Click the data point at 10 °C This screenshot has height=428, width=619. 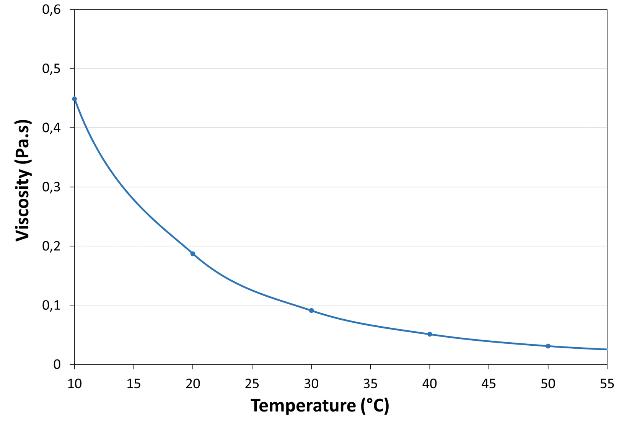75,99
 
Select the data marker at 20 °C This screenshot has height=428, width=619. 193,254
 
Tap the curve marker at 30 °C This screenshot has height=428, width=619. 311,310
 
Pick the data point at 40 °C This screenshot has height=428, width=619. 430,334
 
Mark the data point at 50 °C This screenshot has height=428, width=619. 548,346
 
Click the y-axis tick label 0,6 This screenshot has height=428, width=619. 51,10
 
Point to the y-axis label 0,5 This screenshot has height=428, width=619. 51,69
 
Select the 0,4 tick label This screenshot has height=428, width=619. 51,128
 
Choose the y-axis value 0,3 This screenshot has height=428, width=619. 51,187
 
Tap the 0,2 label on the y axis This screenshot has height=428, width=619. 51,246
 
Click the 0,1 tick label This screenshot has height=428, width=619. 51,305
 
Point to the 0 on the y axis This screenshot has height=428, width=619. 57,364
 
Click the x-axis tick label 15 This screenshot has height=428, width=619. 134,384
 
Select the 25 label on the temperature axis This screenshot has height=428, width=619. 252,384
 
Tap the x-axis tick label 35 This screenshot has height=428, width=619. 370,384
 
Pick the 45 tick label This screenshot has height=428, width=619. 489,384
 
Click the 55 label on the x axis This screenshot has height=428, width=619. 607,384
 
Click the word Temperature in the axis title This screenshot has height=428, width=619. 303,406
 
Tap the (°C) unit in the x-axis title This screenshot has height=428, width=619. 375,406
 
